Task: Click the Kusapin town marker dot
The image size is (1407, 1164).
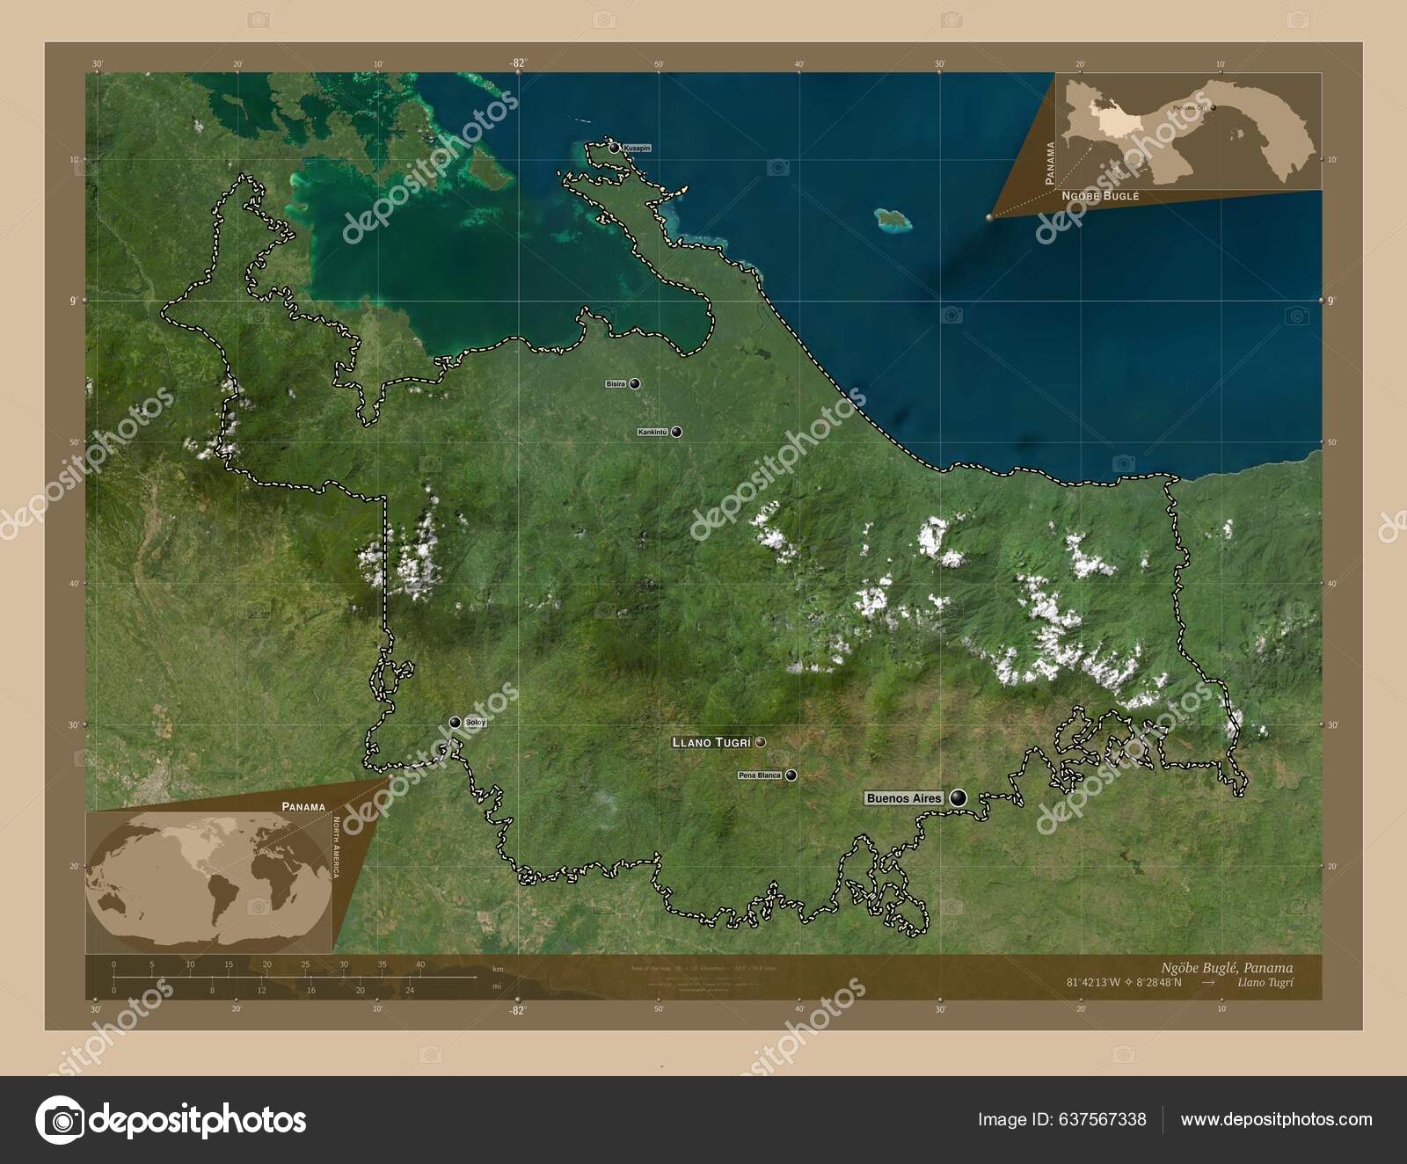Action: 614,148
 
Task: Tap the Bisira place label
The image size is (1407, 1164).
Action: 616,384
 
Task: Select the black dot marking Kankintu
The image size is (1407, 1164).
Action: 676,432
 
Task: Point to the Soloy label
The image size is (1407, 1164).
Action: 476,722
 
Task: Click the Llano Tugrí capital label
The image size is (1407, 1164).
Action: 711,742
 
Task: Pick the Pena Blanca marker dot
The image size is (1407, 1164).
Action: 791,775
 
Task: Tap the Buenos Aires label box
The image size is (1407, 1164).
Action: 904,798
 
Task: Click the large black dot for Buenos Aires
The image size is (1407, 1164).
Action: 958,797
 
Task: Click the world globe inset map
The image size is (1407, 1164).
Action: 208,882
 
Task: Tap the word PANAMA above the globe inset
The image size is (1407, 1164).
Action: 303,805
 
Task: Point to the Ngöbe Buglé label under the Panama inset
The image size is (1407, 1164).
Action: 1100,196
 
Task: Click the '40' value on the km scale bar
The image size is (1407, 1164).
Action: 420,964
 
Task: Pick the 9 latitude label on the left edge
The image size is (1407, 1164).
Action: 75,301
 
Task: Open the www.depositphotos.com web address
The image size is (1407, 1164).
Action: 1276,1119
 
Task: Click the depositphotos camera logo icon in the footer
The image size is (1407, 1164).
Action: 60,1120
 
